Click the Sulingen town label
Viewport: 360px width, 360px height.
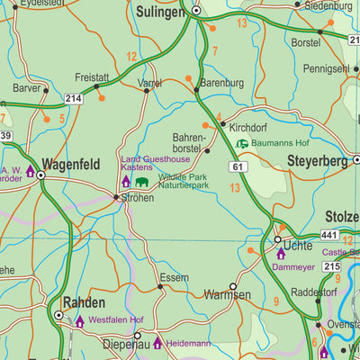160,12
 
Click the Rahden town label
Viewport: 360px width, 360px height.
85,302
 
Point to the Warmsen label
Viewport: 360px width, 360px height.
226,294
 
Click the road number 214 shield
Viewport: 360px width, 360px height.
73,98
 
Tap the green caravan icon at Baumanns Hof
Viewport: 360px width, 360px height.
241,143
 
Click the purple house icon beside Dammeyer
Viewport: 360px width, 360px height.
280,255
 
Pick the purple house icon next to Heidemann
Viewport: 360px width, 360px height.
157,343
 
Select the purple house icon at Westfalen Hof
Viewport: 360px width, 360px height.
79,320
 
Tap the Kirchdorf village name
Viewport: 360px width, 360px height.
248,127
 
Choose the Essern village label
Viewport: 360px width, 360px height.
174,277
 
